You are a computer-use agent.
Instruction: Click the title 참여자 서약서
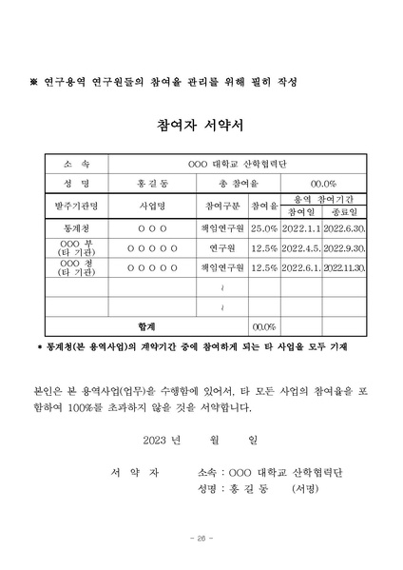pyautogui.click(x=201, y=126)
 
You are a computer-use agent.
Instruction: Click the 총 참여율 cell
pyautogui.click(x=221, y=184)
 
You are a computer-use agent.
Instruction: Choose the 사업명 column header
pyautogui.click(x=152, y=206)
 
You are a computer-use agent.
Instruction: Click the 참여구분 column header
pyautogui.click(x=223, y=206)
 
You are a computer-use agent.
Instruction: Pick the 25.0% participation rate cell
pyautogui.click(x=263, y=228)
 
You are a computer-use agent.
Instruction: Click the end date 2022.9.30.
pyautogui.click(x=338, y=246)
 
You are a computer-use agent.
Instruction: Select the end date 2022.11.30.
pyautogui.click(x=338, y=267)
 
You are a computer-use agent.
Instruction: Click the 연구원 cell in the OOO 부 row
pyautogui.click(x=223, y=246)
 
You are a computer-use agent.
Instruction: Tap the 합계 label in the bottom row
pyautogui.click(x=147, y=326)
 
